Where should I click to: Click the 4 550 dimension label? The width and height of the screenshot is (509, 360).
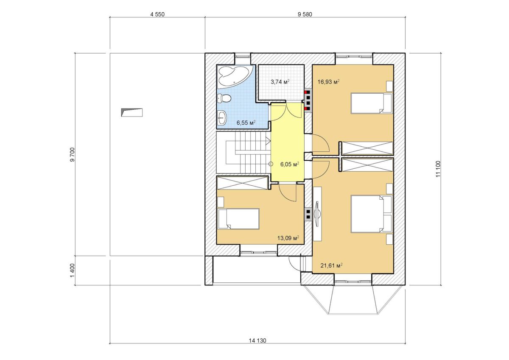pyautogui.click(x=157, y=14)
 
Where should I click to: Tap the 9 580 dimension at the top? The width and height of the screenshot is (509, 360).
pyautogui.click(x=305, y=14)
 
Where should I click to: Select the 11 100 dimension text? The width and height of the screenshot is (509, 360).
pyautogui.click(x=438, y=169)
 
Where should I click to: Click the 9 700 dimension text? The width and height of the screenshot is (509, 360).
pyautogui.click(x=72, y=155)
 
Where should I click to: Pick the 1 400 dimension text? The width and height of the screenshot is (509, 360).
pyautogui.click(x=72, y=270)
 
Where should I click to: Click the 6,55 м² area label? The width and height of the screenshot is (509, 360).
pyautogui.click(x=246, y=123)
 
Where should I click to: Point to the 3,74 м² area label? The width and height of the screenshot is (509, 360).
pyautogui.click(x=280, y=81)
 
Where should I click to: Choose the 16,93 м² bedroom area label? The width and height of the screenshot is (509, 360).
pyautogui.click(x=329, y=81)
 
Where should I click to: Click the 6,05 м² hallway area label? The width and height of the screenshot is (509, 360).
pyautogui.click(x=289, y=164)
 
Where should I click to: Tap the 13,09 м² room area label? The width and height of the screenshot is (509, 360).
pyautogui.click(x=288, y=238)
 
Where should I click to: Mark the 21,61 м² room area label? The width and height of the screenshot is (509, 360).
pyautogui.click(x=332, y=265)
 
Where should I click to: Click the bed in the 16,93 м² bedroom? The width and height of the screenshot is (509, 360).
pyautogui.click(x=372, y=103)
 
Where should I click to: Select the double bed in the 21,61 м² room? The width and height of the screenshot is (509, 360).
pyautogui.click(x=372, y=214)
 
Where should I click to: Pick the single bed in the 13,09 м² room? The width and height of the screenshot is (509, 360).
pyautogui.click(x=238, y=218)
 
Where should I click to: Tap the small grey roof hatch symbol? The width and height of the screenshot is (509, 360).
pyautogui.click(x=132, y=112)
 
